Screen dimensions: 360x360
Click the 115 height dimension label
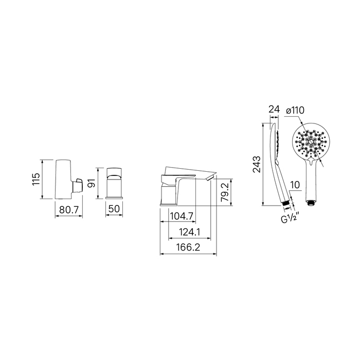[37, 179]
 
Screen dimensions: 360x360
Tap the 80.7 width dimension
[69, 209]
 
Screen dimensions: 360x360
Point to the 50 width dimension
[114, 209]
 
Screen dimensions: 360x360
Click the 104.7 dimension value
[182, 216]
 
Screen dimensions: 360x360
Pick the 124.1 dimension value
[190, 232]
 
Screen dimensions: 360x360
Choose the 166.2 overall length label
[188, 247]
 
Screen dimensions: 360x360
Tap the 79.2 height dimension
[225, 192]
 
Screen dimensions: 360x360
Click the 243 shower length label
[257, 165]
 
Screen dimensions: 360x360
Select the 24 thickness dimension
[274, 109]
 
